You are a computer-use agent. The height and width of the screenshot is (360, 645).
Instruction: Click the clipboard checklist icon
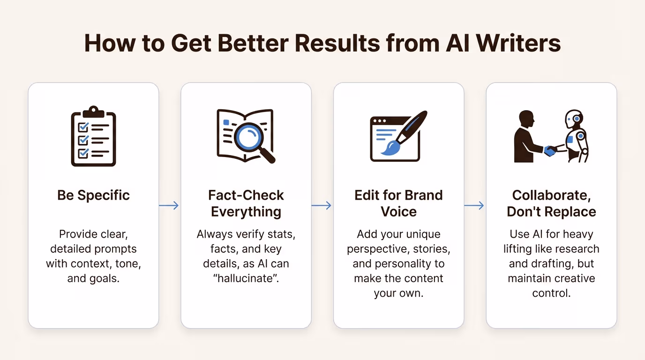(93, 136)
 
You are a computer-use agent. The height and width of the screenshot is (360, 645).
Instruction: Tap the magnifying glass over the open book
(250, 136)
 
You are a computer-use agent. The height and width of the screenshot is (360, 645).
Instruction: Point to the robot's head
(575, 119)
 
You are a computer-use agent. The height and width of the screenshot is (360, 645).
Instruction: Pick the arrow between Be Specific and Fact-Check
(169, 205)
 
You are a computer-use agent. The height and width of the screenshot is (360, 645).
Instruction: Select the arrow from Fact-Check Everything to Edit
(322, 205)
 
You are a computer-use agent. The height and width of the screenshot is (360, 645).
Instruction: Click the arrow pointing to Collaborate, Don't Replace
(474, 205)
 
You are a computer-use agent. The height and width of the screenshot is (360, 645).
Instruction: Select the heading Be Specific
(93, 195)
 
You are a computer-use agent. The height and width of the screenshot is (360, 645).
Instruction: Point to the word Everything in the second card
(246, 211)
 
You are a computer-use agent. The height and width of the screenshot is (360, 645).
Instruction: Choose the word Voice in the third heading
(398, 211)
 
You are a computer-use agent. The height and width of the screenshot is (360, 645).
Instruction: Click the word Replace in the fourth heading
(570, 211)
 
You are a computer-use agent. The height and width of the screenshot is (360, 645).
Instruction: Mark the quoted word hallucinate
(246, 278)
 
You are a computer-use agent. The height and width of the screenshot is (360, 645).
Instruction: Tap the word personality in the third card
(417, 263)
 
